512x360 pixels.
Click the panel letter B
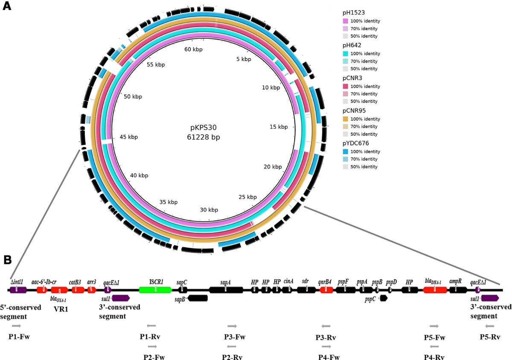click(x=7, y=259)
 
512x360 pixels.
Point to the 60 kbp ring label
click(x=193, y=49)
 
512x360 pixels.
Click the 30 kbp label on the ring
click(x=209, y=209)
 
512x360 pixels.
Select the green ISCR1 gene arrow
click(x=155, y=290)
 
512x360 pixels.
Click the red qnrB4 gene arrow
click(x=326, y=290)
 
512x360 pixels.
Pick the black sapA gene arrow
click(x=226, y=290)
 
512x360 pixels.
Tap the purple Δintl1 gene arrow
click(x=18, y=290)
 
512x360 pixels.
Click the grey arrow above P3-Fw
click(x=233, y=326)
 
